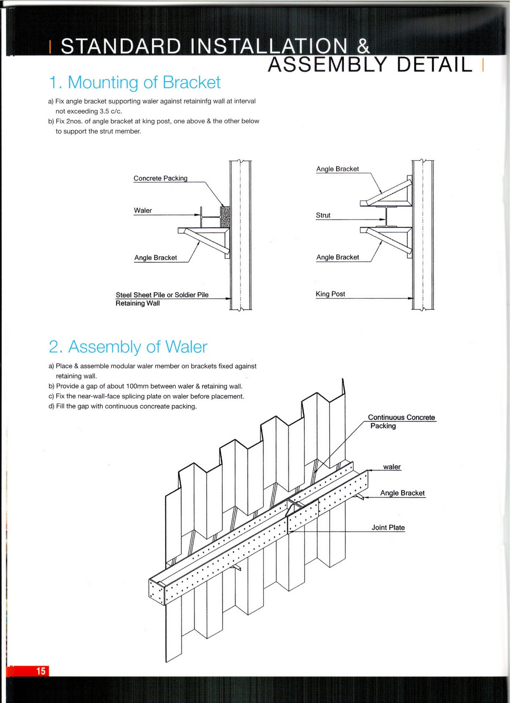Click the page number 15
click(x=41, y=671)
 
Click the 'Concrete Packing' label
click(x=160, y=178)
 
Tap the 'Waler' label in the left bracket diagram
click(x=143, y=210)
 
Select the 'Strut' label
click(x=323, y=215)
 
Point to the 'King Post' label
click(x=330, y=294)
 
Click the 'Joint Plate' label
click(x=388, y=527)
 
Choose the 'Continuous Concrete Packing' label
click(x=401, y=421)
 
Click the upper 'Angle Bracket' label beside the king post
click(x=337, y=169)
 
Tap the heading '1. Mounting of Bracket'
click(x=134, y=83)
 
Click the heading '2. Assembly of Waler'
click(x=128, y=347)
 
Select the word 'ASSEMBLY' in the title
click(x=327, y=65)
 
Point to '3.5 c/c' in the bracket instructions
click(x=110, y=111)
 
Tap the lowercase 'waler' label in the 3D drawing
click(x=392, y=467)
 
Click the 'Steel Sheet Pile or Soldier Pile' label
click(x=162, y=295)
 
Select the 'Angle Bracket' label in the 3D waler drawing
click(x=402, y=493)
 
